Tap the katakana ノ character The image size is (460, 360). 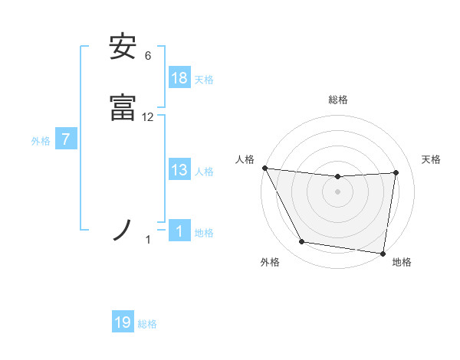(123, 231)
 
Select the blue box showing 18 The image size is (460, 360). (179, 77)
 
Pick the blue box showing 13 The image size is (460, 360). (179, 170)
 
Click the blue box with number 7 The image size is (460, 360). (66, 139)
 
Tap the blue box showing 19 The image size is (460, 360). (123, 322)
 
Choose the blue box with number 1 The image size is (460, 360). (179, 231)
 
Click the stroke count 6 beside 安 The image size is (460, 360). (148, 56)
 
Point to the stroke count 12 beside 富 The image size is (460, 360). (148, 117)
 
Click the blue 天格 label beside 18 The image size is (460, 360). (204, 79)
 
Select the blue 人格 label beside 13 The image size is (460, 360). (204, 172)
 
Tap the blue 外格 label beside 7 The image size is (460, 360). (41, 141)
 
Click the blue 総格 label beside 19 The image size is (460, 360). (147, 324)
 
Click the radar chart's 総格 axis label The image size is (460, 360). (338, 100)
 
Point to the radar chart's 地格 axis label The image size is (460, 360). (402, 262)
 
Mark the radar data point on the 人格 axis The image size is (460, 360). (264, 168)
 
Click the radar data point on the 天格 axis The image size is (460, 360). (396, 172)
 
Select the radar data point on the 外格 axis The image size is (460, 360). (301, 243)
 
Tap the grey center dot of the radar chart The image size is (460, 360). (338, 191)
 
